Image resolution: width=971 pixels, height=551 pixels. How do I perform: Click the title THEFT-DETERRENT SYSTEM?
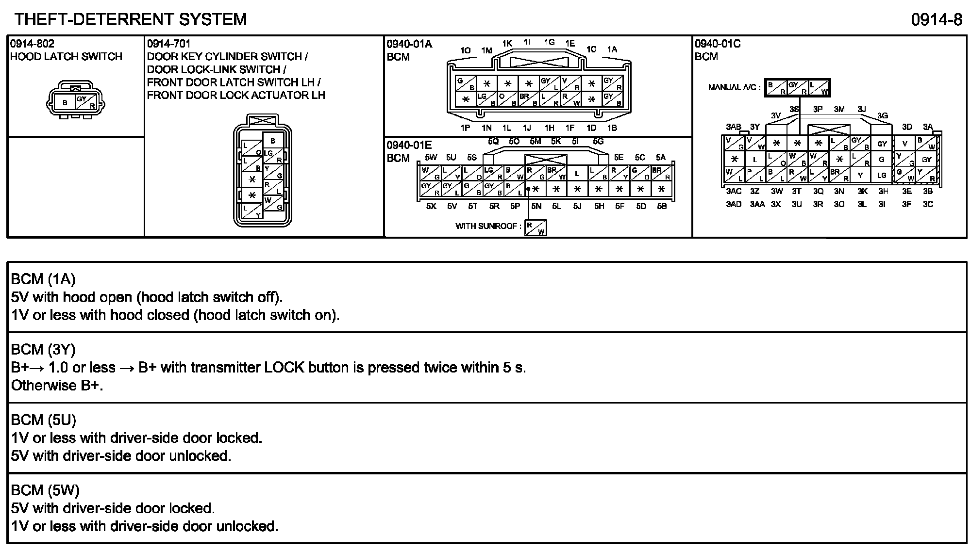coord(131,19)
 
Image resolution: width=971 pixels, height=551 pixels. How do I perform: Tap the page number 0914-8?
coord(937,19)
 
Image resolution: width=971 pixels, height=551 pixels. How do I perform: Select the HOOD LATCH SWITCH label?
coord(66,57)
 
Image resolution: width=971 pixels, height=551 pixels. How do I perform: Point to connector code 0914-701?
coord(169,44)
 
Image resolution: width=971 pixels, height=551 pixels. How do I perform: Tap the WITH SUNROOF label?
coord(488,226)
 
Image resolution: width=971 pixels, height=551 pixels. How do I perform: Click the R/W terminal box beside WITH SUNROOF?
coord(536,228)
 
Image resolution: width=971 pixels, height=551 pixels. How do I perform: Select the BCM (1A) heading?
coord(43,279)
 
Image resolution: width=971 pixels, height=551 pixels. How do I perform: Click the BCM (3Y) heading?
coord(43,349)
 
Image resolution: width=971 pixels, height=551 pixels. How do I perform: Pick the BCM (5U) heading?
coord(44,420)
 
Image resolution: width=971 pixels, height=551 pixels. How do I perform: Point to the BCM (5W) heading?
coord(45,490)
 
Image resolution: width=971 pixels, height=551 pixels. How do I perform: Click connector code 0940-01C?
coord(718,44)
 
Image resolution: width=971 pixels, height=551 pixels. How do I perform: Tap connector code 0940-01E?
coord(409,145)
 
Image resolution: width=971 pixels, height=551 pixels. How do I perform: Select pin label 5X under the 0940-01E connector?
coord(431,206)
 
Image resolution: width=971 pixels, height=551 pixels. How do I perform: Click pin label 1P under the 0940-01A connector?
coord(465,128)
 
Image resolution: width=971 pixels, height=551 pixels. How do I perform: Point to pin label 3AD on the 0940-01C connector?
coord(734,204)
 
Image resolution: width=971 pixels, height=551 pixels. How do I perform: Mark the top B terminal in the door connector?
coord(273,141)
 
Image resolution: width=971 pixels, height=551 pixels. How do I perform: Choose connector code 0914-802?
coord(32,44)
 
